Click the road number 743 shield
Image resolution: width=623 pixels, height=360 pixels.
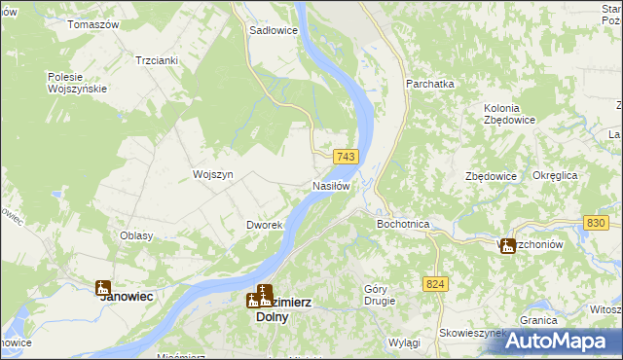click(x=347, y=157)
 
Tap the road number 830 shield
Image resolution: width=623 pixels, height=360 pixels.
click(x=597, y=223)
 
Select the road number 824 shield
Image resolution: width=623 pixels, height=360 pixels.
click(x=435, y=283)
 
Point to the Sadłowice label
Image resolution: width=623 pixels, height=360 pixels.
click(x=274, y=30)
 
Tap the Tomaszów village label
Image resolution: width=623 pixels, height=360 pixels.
click(x=92, y=23)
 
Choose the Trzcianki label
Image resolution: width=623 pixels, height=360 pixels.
click(x=157, y=59)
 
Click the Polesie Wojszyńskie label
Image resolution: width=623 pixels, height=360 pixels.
click(x=82, y=83)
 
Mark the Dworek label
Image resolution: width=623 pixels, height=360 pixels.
click(x=264, y=225)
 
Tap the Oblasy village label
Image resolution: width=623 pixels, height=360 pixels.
click(x=136, y=235)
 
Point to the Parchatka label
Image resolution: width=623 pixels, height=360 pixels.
click(x=430, y=84)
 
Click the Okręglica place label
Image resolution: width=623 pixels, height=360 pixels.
click(x=555, y=175)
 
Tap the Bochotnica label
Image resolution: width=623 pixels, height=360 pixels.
click(x=403, y=224)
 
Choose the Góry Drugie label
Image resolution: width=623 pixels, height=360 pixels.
click(x=379, y=294)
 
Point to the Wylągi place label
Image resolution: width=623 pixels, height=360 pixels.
click(x=403, y=343)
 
